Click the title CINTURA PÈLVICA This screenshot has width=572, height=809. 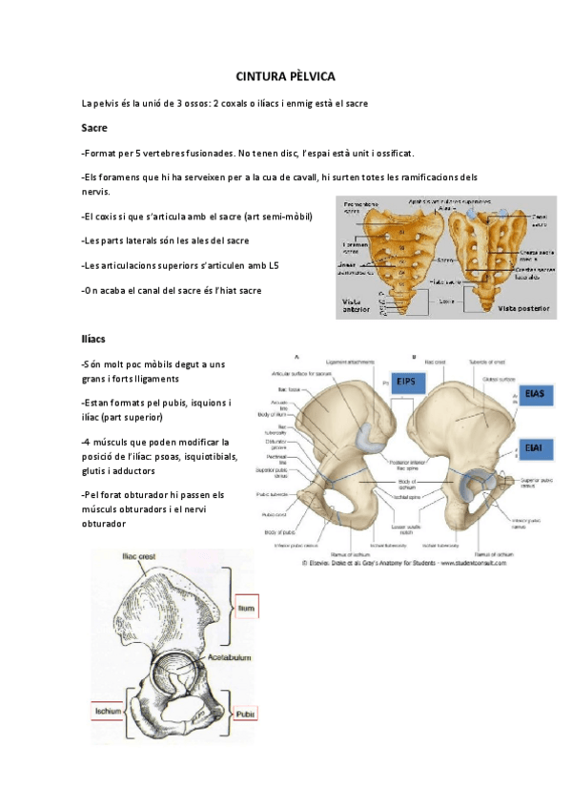click(x=285, y=75)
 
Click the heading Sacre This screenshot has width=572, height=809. click(x=94, y=127)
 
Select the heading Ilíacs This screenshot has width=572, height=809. click(x=94, y=339)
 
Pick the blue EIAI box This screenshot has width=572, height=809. click(x=534, y=446)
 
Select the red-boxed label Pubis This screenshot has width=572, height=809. click(x=248, y=712)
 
